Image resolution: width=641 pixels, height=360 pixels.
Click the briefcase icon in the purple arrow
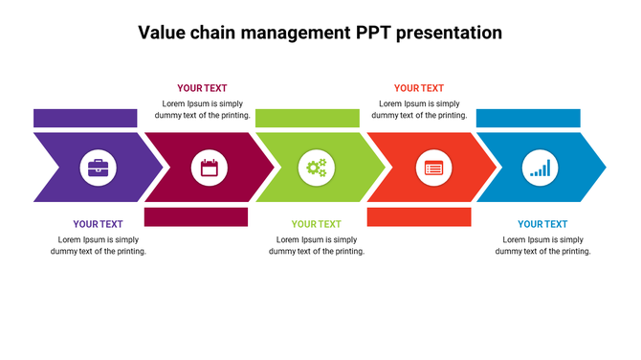click(x=98, y=168)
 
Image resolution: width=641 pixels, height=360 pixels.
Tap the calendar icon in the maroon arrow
click(x=209, y=168)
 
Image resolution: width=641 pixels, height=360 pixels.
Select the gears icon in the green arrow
click(x=316, y=168)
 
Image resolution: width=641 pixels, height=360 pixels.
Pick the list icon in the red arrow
click(x=433, y=168)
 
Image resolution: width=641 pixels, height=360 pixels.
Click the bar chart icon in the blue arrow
click(x=541, y=168)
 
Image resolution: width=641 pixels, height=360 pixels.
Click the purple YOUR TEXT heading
click(x=98, y=224)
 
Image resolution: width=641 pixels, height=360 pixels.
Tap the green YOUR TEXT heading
click(x=316, y=224)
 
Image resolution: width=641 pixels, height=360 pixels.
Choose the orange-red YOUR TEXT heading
click(x=419, y=88)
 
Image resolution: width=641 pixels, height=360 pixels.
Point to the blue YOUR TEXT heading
click(x=542, y=224)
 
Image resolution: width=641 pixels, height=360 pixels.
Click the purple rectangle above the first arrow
click(x=85, y=119)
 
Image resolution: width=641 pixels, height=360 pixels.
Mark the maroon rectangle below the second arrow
click(x=195, y=216)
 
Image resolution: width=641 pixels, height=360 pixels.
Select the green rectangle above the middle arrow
click(x=307, y=119)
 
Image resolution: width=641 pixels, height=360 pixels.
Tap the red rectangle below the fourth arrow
click(x=419, y=216)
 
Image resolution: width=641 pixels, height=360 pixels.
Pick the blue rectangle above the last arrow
click(x=528, y=119)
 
